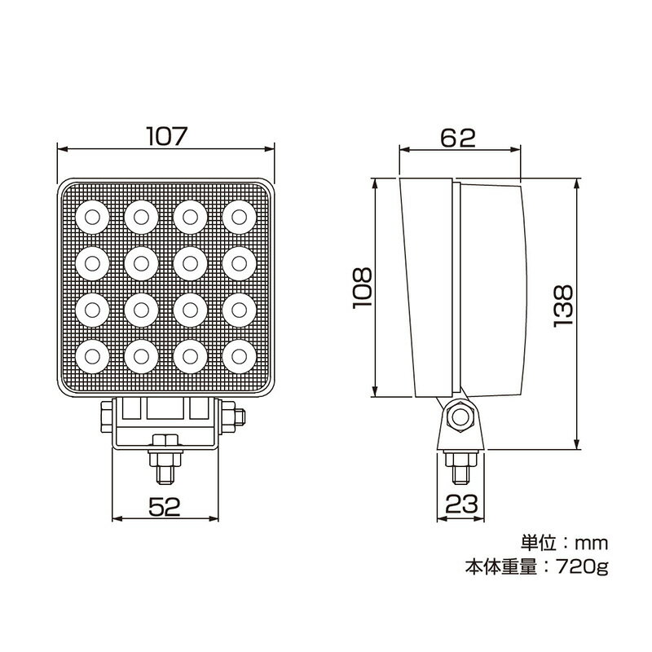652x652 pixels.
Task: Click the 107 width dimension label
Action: [166, 135]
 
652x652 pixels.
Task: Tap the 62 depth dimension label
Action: [458, 138]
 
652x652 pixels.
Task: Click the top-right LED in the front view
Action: [237, 217]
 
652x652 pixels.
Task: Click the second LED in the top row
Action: [141, 217]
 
